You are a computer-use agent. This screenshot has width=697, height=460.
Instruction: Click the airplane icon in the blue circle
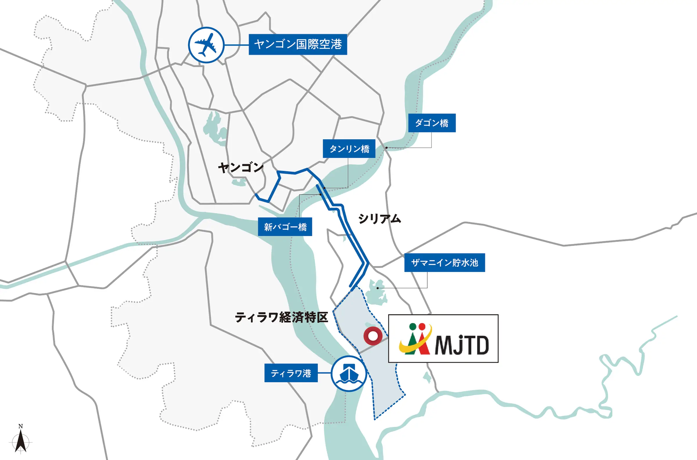[206, 45]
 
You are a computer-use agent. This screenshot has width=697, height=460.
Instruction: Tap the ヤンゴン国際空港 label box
[298, 44]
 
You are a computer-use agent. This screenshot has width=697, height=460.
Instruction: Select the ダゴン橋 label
[432, 123]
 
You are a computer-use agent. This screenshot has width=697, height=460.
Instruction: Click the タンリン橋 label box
[349, 149]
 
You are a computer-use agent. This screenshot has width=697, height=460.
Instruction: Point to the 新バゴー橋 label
[285, 227]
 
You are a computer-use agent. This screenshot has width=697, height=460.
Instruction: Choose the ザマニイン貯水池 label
[444, 263]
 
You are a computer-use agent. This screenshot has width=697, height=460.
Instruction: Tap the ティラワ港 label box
[291, 373]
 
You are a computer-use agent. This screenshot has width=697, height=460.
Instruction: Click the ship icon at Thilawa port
[349, 373]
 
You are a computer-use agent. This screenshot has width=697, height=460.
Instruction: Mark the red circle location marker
[373, 336]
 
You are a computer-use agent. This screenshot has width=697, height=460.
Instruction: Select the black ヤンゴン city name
[240, 168]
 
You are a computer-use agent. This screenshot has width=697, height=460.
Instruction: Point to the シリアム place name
[379, 219]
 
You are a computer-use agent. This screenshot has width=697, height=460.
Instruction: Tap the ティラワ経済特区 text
[281, 317]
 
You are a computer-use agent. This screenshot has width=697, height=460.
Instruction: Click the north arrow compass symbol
[21, 441]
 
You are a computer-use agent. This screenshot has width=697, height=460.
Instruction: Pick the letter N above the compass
[21, 426]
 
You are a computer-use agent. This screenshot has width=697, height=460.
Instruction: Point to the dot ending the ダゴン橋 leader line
[386, 148]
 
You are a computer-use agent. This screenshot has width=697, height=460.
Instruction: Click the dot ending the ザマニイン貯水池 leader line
[378, 288]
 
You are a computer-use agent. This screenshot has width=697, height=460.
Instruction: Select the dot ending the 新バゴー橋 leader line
[321, 195]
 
